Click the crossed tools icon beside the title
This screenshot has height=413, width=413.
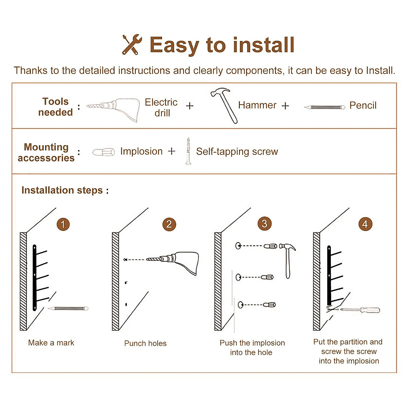coord(131,45)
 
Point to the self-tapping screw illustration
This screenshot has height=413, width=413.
coord(188,151)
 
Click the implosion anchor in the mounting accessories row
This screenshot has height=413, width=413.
coord(104,152)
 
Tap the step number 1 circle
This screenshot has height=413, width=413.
coord(63,224)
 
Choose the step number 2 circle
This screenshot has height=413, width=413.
coord(169,224)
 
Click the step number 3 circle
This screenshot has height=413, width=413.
coord(264,224)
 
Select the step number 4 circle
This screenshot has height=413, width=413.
coord(365,224)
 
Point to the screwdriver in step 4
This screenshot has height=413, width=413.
coord(358,310)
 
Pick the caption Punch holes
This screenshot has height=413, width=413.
coord(145,343)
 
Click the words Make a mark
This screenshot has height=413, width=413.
coord(51,343)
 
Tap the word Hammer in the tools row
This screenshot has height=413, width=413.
coord(257,105)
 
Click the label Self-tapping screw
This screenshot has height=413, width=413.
coord(237,151)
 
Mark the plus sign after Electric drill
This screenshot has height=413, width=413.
coord(190,106)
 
